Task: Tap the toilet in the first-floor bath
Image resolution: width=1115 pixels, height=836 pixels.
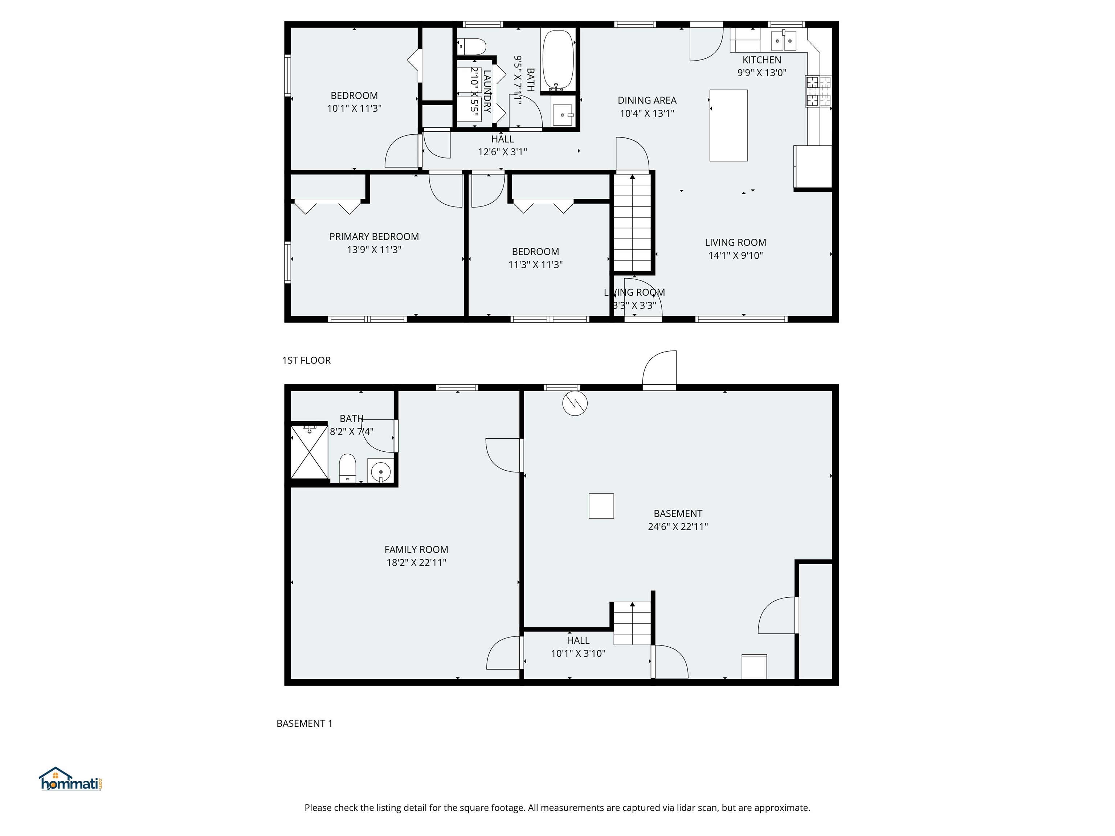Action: tap(473, 46)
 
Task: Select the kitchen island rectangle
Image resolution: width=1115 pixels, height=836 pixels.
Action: tap(728, 126)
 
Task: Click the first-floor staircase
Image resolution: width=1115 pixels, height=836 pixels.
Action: tap(632, 223)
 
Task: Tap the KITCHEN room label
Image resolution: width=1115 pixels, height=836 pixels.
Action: tap(761, 60)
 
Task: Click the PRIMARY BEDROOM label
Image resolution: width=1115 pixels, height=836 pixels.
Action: tap(374, 236)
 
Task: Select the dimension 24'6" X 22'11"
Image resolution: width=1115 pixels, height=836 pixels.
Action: tap(678, 526)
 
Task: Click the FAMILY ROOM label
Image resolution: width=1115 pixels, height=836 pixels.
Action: tap(416, 549)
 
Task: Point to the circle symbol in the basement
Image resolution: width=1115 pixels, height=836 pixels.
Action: tap(575, 403)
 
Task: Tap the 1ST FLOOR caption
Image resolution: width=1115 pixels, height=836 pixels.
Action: tap(306, 360)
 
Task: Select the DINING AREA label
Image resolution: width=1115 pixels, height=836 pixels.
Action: tap(647, 100)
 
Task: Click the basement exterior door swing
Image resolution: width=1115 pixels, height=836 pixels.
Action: tap(660, 369)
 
